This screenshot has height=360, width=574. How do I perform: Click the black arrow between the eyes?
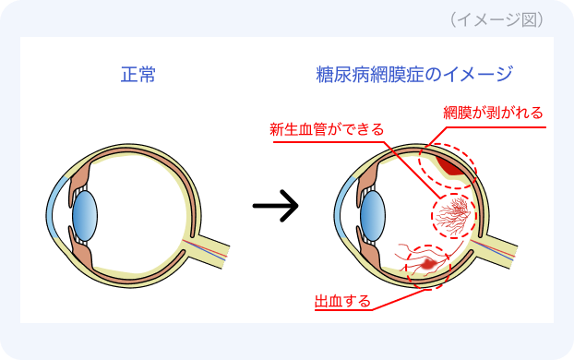(276, 207)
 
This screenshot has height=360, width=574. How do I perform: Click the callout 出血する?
(343, 301)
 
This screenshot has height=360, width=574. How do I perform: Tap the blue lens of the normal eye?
(85, 212)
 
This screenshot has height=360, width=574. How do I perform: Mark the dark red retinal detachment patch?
(450, 167)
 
